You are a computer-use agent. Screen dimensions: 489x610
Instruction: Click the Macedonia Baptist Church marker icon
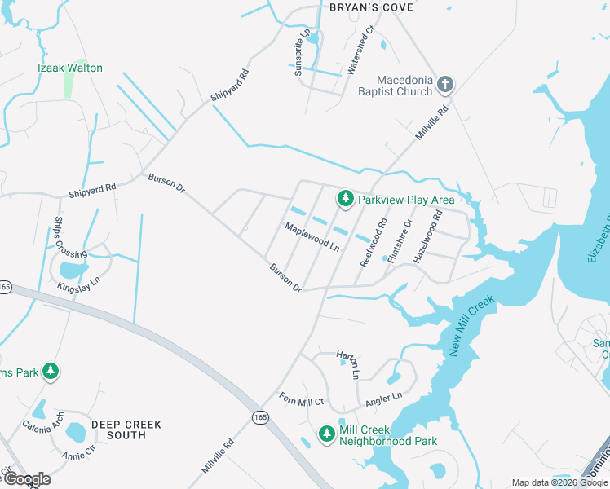click(445, 84)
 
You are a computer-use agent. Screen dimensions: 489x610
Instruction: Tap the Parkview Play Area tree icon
click(346, 199)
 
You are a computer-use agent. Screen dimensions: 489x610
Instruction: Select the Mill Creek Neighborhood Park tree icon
click(327, 434)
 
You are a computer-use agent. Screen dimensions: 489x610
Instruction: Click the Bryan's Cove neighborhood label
click(371, 7)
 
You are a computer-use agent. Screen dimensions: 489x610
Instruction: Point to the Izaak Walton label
click(70, 68)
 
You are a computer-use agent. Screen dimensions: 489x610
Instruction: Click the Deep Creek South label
click(126, 430)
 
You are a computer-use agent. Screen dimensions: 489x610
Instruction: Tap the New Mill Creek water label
click(472, 326)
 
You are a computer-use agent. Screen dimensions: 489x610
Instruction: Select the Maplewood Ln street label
click(312, 236)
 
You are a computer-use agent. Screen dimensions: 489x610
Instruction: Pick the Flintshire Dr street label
click(400, 240)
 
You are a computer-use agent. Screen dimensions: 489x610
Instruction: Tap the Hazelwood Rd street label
click(428, 236)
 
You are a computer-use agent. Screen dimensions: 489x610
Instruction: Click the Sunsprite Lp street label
click(304, 53)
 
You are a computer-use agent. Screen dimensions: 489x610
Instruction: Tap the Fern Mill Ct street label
click(302, 400)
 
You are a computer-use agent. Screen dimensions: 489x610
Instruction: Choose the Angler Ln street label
click(384, 399)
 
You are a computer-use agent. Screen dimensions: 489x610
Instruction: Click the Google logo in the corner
click(26, 479)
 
